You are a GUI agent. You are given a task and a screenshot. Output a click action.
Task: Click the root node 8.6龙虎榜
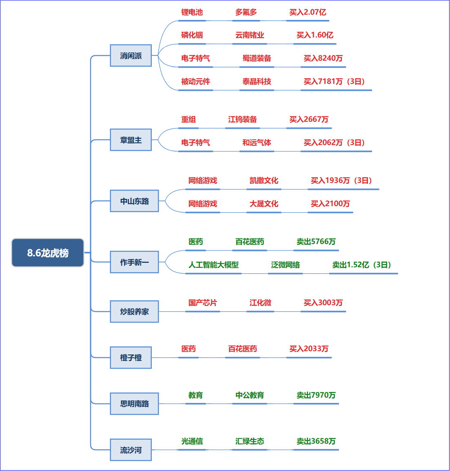(48, 253)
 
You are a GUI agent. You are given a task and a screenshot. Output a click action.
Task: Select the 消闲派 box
(131, 55)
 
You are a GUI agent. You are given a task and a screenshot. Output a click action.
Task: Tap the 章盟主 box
(131, 140)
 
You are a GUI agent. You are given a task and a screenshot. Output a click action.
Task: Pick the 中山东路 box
(135, 201)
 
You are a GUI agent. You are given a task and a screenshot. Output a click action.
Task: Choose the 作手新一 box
(135, 262)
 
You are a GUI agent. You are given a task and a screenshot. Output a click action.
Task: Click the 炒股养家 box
(135, 312)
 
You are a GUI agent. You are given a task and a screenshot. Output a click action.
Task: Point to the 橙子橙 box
(131, 358)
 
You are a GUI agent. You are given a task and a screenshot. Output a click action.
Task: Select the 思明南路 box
(135, 404)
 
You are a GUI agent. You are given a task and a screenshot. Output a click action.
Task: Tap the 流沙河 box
(131, 450)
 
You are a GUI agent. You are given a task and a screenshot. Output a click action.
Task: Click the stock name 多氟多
(246, 12)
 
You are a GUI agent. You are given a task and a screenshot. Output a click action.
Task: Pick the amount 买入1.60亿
(315, 35)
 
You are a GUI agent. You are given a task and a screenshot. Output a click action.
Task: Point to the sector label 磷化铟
(192, 35)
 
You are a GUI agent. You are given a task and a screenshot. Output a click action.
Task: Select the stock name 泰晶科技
(257, 81)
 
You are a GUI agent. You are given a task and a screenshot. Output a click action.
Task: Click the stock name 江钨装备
(242, 119)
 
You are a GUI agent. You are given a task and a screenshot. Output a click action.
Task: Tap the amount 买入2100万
(330, 204)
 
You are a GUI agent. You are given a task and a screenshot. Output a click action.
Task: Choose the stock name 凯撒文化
(264, 180)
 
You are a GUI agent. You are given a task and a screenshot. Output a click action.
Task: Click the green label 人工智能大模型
(213, 265)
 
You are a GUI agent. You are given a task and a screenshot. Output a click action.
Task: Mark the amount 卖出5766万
(316, 242)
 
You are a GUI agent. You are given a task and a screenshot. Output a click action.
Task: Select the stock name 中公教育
(250, 395)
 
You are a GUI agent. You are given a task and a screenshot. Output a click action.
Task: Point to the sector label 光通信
(192, 441)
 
